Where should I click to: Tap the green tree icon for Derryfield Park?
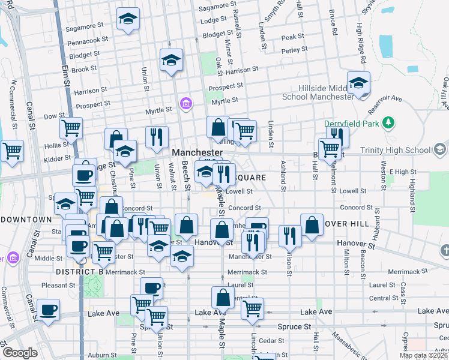[389, 123]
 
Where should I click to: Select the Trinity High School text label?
[398, 149]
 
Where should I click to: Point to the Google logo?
[20, 353]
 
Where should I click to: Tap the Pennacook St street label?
[88, 41]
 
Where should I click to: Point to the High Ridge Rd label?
[361, 43]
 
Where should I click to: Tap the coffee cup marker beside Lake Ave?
[49, 310]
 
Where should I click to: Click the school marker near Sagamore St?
[128, 19]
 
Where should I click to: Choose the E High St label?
[402, 172]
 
